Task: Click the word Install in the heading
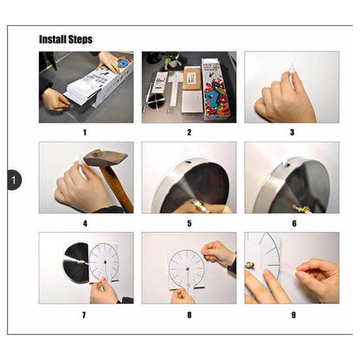coord(53,39)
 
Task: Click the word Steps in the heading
coord(80,40)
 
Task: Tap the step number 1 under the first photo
coord(85,132)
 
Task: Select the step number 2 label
coord(190,132)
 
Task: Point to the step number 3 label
coord(292,132)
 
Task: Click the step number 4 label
coord(85,223)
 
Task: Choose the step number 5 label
coord(190,223)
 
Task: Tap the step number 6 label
coord(294,223)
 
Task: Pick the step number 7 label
coord(84,315)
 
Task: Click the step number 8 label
coord(190,315)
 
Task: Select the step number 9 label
coord(293,315)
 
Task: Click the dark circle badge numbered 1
coord(14,180)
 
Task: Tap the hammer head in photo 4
coord(105,158)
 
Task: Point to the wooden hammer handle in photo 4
coord(117,189)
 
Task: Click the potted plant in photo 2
coord(172,60)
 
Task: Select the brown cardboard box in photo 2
coord(192,78)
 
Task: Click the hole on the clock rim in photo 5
coord(188,163)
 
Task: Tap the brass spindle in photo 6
coord(301,209)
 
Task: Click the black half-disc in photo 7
coord(76,263)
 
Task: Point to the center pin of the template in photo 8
coord(188,269)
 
